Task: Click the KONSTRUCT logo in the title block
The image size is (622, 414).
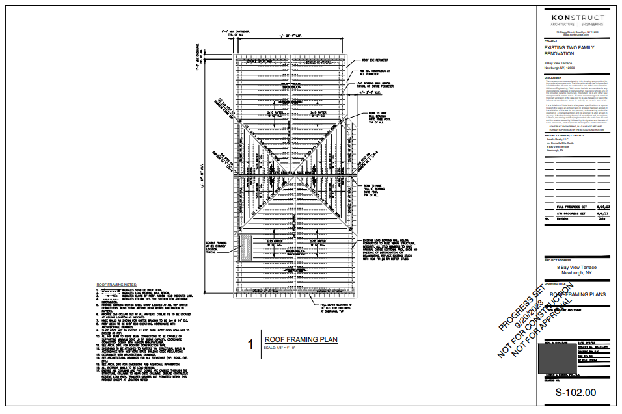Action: (577, 18)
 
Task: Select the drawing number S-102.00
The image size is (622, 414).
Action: (575, 393)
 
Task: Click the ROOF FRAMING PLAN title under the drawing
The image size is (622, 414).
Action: (301, 339)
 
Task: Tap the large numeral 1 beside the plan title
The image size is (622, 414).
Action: (250, 344)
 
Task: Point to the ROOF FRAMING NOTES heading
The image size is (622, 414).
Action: (117, 285)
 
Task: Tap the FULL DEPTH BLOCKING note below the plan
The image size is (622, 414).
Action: (339, 307)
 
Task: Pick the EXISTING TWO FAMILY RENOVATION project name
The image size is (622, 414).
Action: (569, 51)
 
